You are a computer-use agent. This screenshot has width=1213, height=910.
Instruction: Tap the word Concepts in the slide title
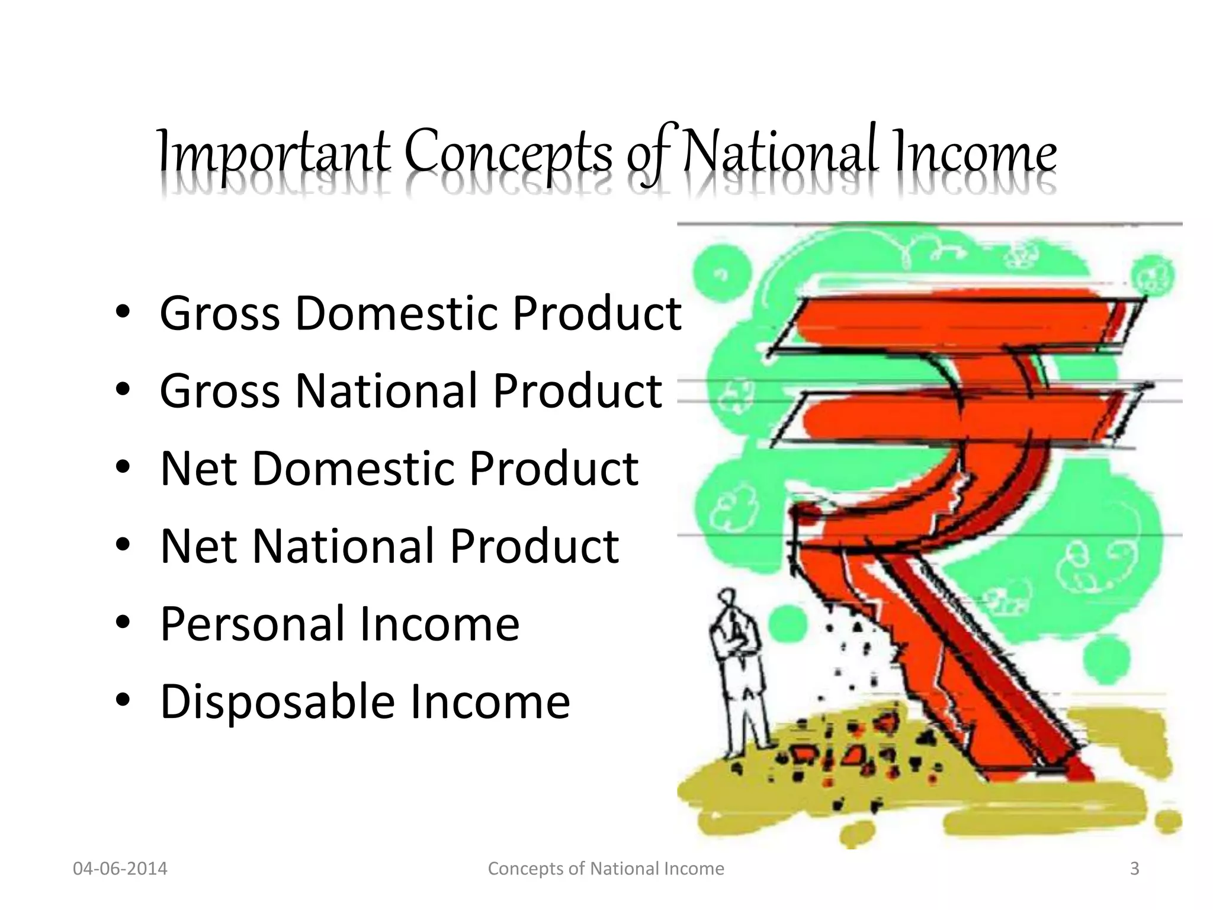[508, 153]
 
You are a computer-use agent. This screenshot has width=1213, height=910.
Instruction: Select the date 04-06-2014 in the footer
[120, 869]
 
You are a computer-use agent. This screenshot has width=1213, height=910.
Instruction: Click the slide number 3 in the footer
[1134, 869]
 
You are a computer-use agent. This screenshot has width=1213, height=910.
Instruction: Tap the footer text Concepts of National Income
[606, 869]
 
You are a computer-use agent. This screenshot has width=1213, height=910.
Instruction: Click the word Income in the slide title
[975, 153]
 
